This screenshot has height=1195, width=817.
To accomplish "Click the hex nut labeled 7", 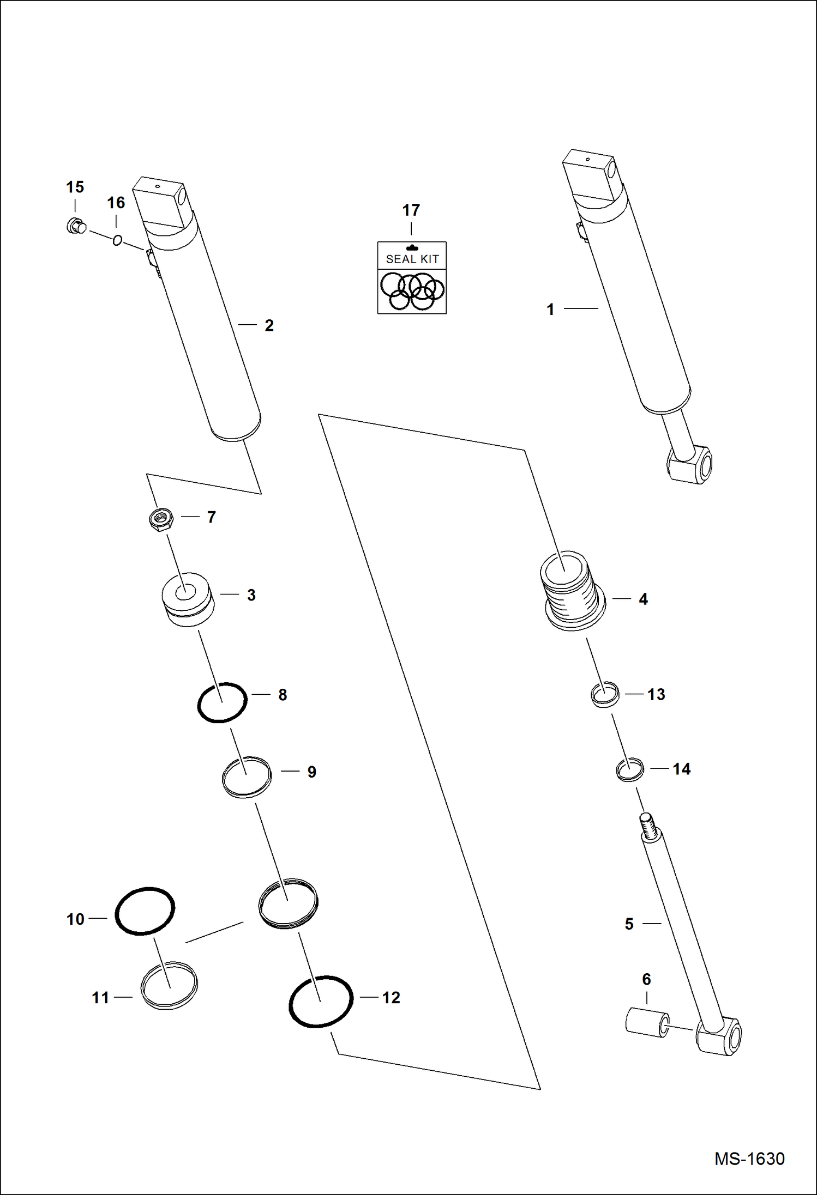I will [161, 519].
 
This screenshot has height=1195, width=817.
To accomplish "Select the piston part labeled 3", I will [187, 599].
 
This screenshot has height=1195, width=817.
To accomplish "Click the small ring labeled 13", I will [605, 695].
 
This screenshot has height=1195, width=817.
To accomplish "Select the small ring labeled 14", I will [629, 770].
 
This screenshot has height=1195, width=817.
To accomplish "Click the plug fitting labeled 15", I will [75, 226].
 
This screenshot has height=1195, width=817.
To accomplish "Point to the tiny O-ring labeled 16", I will [117, 240].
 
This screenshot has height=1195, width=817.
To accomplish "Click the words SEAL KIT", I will [412, 259].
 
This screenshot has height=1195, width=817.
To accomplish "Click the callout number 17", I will [411, 210].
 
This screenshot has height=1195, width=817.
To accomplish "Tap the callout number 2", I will [269, 326].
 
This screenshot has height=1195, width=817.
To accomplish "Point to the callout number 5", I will [629, 924].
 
